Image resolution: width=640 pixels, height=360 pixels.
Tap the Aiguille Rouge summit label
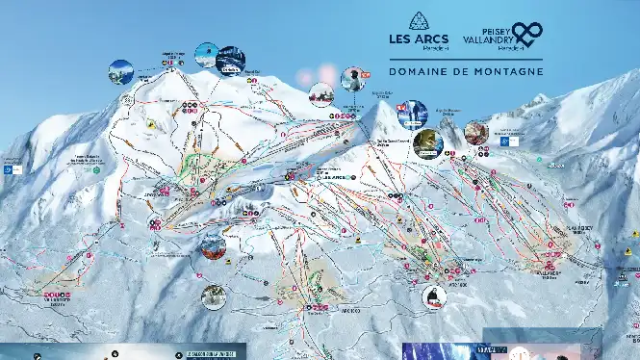pos(173,55)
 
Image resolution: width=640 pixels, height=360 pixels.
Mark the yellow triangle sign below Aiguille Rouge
pos(152,125)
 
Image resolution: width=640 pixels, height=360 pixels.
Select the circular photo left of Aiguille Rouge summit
pos(121,72)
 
